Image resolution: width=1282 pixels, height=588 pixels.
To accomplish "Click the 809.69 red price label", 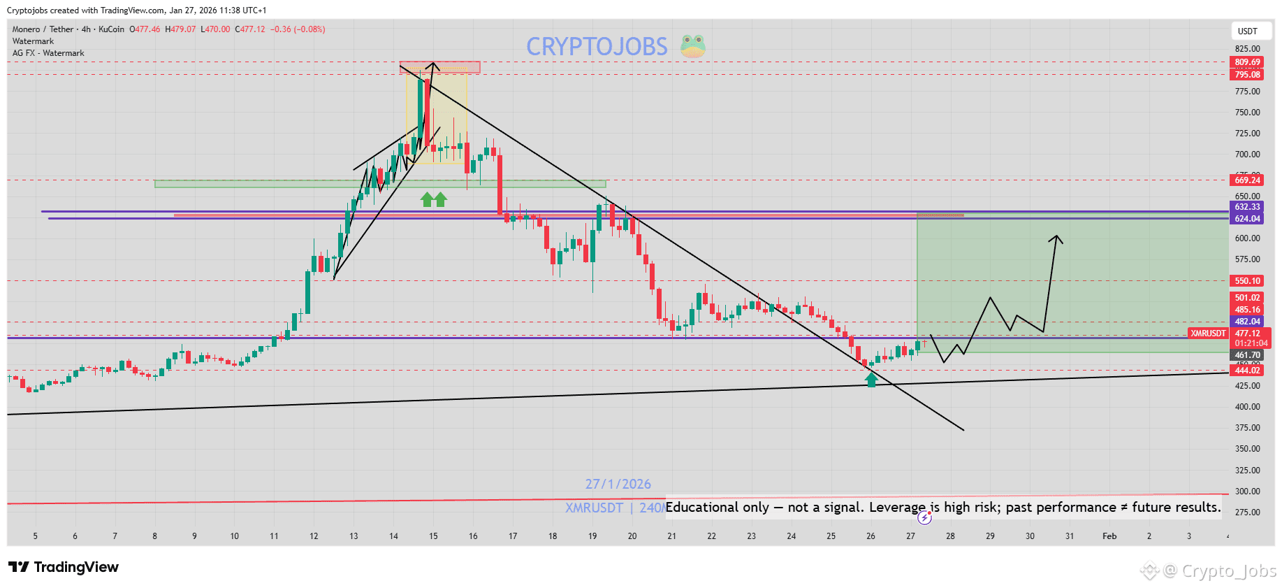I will click(x=1246, y=62).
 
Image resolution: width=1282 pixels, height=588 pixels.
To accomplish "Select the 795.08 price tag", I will click(x=1246, y=75).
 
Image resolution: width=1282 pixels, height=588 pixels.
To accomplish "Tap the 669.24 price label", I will click(x=1246, y=180).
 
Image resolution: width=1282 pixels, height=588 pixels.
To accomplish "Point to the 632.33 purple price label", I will click(x=1246, y=207).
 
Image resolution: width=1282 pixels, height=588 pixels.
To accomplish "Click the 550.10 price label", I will click(x=1246, y=281).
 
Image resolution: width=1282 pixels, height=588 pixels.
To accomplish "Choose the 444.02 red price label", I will click(x=1246, y=371).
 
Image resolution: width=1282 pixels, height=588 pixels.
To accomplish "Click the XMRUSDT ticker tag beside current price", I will click(x=1208, y=334).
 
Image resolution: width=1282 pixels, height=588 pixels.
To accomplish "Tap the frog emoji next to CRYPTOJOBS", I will click(x=692, y=46).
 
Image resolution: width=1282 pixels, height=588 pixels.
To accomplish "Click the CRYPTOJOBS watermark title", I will click(x=597, y=47).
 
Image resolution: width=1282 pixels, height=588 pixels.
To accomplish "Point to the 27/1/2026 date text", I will click(x=618, y=484).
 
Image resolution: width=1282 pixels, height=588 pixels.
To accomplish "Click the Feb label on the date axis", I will click(x=1109, y=536).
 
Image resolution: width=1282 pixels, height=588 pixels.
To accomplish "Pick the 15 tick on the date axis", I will click(x=433, y=536).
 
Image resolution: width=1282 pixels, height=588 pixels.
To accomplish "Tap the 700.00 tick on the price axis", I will click(x=1247, y=155).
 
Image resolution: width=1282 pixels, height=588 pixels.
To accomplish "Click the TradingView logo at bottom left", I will click(x=64, y=567).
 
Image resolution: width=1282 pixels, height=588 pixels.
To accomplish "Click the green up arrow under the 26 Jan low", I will click(x=871, y=380).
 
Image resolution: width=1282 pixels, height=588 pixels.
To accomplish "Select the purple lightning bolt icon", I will click(x=924, y=517).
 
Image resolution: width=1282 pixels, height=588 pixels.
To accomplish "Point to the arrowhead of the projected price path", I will click(x=1056, y=238).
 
